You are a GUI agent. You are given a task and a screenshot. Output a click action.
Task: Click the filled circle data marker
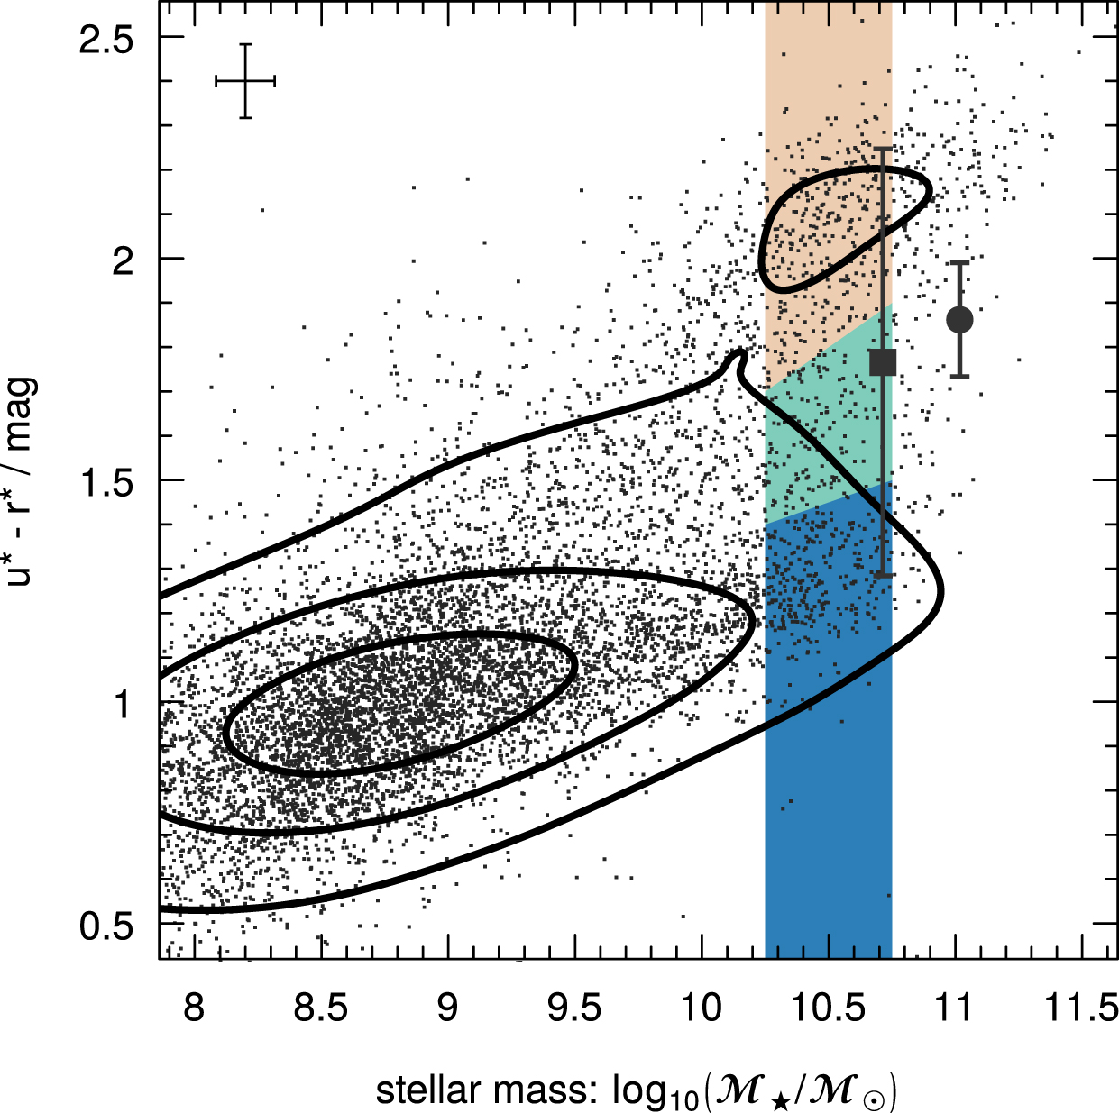tap(959, 319)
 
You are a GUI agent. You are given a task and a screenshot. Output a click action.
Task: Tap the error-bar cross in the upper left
tap(245, 81)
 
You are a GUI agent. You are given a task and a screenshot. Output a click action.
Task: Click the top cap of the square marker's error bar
tap(883, 149)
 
